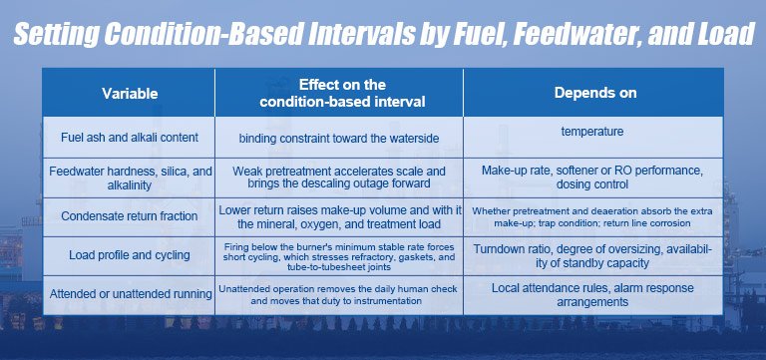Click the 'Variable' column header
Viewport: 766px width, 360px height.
(x=130, y=94)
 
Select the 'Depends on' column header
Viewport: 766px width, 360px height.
(x=595, y=93)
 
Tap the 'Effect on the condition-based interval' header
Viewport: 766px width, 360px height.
(x=342, y=93)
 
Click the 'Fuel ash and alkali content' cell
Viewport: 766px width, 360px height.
(x=130, y=138)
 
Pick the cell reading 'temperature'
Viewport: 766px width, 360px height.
(x=592, y=132)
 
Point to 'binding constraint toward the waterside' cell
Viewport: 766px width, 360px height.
(x=339, y=139)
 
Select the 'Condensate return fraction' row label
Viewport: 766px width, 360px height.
(x=130, y=216)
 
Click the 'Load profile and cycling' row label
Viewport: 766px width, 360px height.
(x=130, y=255)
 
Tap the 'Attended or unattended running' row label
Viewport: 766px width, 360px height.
(x=131, y=294)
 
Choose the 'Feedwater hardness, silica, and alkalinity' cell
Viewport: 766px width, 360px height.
(x=131, y=179)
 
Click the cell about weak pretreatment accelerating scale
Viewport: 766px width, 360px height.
(x=339, y=178)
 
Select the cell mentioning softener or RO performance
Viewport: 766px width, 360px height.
(x=592, y=178)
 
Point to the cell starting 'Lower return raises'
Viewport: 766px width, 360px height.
(x=339, y=217)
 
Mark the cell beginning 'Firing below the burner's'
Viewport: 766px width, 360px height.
(x=339, y=257)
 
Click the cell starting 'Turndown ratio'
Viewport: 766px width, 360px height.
(x=592, y=256)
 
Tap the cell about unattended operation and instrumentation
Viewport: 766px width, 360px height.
(x=338, y=295)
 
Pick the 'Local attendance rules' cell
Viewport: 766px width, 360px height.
(x=592, y=295)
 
